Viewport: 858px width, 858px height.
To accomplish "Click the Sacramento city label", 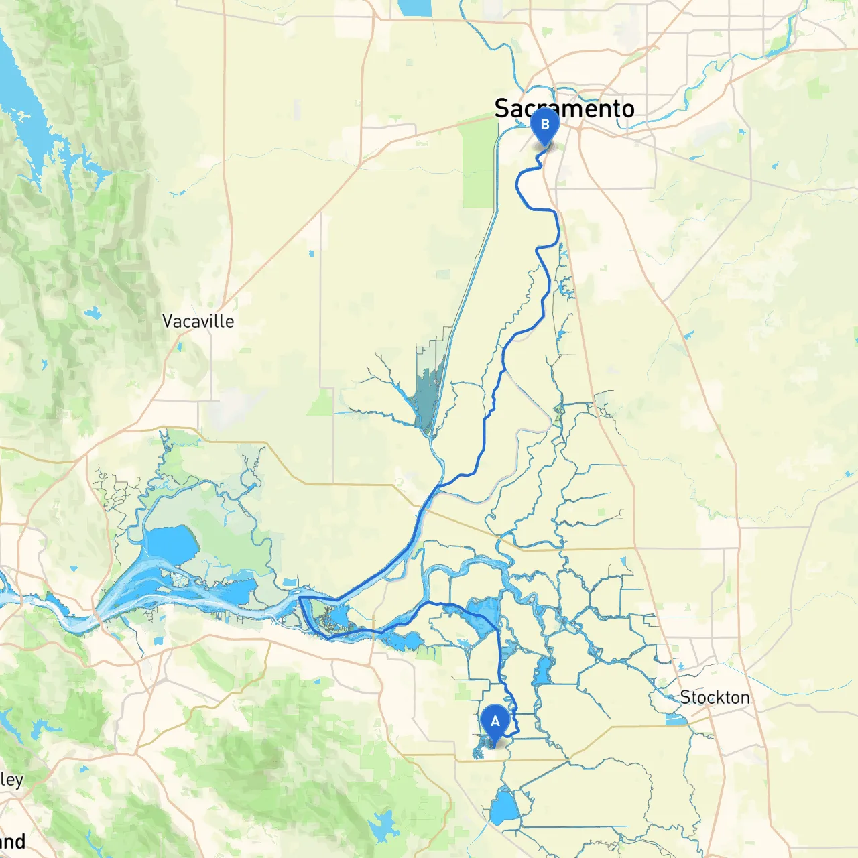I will [x=564, y=108].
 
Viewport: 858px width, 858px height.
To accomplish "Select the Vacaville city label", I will [x=198, y=321].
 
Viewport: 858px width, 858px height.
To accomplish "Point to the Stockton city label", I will [x=715, y=697].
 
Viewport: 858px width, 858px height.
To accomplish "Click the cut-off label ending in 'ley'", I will [x=11, y=780].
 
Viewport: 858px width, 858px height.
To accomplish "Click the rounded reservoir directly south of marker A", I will [x=504, y=808].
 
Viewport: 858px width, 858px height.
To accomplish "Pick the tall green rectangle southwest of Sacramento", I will [x=478, y=164].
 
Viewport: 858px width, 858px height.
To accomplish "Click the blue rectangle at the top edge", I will [x=416, y=7].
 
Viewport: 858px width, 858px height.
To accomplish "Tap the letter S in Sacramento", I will [x=503, y=108].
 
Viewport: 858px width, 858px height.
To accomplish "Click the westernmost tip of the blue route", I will [x=299, y=597].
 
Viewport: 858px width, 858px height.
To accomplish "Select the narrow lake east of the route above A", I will [x=542, y=671].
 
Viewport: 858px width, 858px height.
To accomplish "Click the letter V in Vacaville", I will [x=168, y=321].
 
